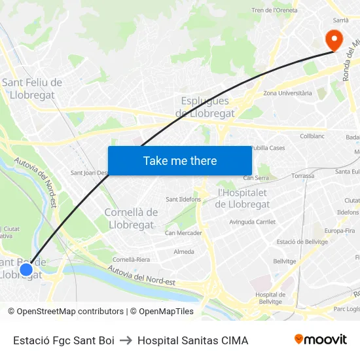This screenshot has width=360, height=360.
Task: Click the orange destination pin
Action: click(x=334, y=39)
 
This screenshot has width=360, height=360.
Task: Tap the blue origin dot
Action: click(x=26, y=269)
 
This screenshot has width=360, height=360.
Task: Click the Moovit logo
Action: click(x=321, y=339)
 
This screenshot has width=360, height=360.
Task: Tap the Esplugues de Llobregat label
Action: click(x=205, y=107)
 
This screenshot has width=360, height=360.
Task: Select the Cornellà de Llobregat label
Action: click(x=131, y=219)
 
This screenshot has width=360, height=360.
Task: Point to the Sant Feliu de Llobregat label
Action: click(x=32, y=88)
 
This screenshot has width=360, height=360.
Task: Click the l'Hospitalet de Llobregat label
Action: click(x=242, y=198)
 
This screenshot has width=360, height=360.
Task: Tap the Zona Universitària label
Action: click(x=287, y=94)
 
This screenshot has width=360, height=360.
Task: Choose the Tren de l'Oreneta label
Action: click(x=275, y=10)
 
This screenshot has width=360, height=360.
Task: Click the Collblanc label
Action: click(x=312, y=135)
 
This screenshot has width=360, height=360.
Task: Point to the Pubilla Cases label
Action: click(x=268, y=148)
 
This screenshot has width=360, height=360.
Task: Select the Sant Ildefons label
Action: click(x=183, y=199)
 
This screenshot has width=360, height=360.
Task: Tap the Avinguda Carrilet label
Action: click(x=253, y=222)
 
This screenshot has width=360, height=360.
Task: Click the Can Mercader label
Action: click(x=183, y=233)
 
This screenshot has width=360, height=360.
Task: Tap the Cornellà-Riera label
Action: click(x=131, y=260)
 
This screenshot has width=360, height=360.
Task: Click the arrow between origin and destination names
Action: click(x=126, y=340)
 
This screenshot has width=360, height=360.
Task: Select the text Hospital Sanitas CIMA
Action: click(x=192, y=340)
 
